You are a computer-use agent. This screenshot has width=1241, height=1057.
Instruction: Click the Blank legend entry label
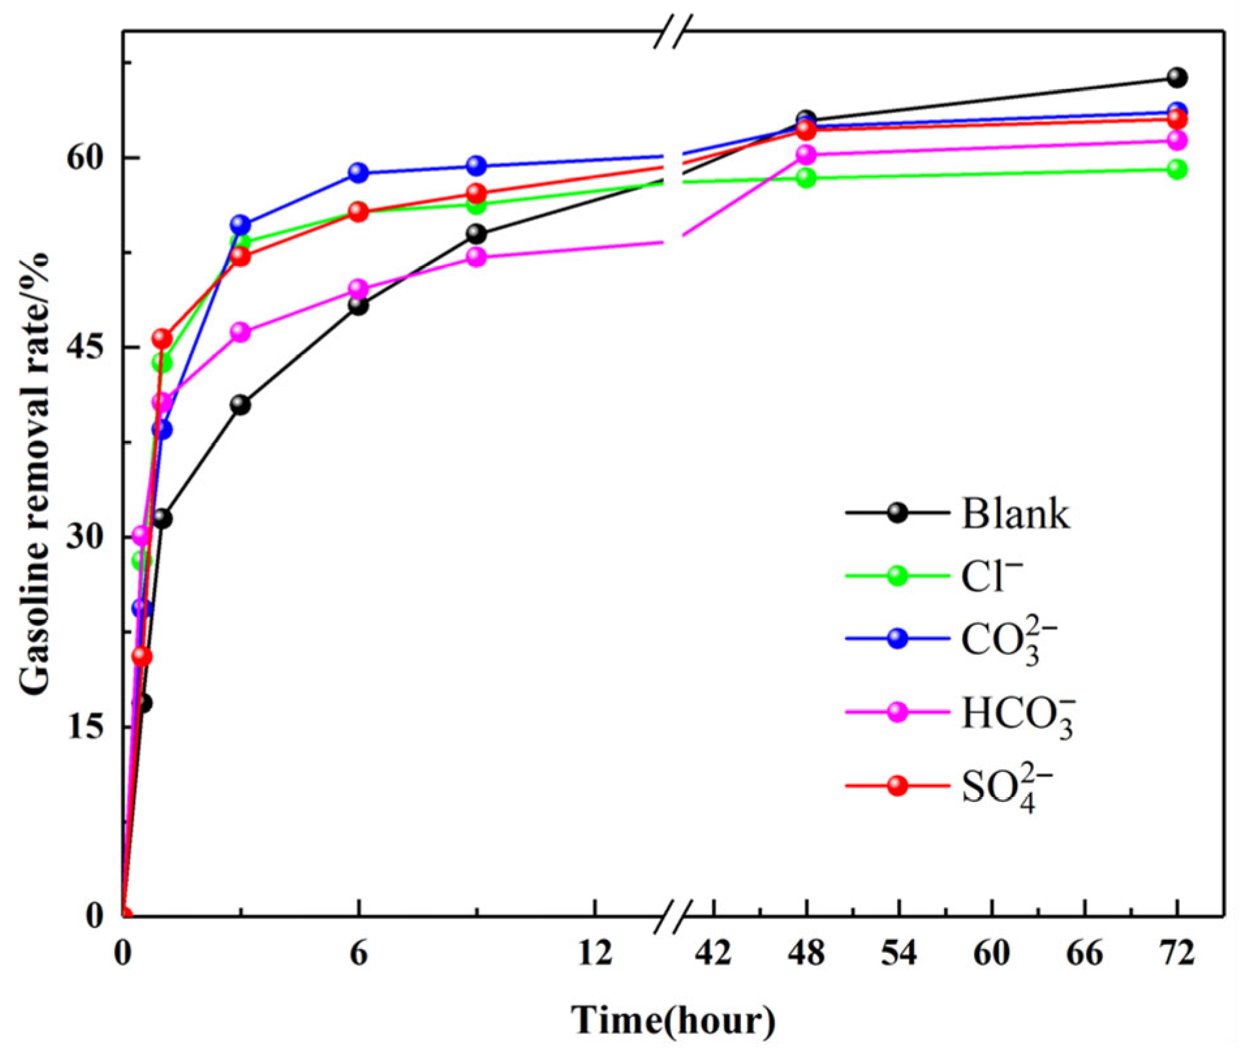coord(1015,514)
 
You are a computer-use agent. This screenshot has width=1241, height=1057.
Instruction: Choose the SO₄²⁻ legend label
coord(1007,788)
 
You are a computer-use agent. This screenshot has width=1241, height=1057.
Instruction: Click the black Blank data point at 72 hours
coord(1177,77)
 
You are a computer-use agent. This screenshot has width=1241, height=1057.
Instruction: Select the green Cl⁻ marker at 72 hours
coord(1177,170)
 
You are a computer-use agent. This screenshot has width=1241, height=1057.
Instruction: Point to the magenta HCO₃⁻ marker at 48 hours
coord(806,154)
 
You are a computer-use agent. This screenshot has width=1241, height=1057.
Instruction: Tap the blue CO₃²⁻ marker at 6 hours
coord(358,172)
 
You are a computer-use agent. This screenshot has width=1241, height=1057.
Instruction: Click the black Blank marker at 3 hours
coord(240,405)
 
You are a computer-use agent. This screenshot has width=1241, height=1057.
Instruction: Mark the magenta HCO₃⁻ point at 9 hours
coord(477,257)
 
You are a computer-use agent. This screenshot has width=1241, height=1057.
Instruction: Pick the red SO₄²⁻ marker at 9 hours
coord(477,193)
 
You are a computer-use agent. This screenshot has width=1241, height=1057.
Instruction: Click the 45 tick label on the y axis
coord(86,347)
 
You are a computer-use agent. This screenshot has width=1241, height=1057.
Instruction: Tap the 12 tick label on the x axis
coord(594,954)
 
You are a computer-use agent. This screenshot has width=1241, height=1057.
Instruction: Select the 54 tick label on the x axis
coord(899,954)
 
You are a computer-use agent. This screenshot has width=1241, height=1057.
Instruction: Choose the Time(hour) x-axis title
coord(673,1020)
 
